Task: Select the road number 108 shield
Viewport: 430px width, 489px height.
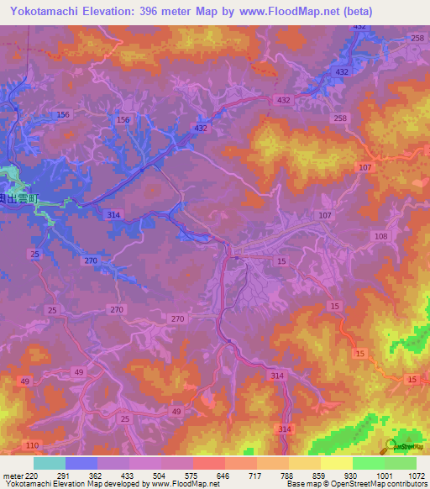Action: click(x=380, y=236)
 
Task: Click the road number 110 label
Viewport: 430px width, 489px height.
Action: click(x=33, y=444)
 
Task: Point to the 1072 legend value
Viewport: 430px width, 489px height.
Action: click(x=416, y=475)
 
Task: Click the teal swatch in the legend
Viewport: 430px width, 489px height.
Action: click(x=50, y=463)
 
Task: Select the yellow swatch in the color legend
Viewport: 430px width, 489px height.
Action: click(x=336, y=463)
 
